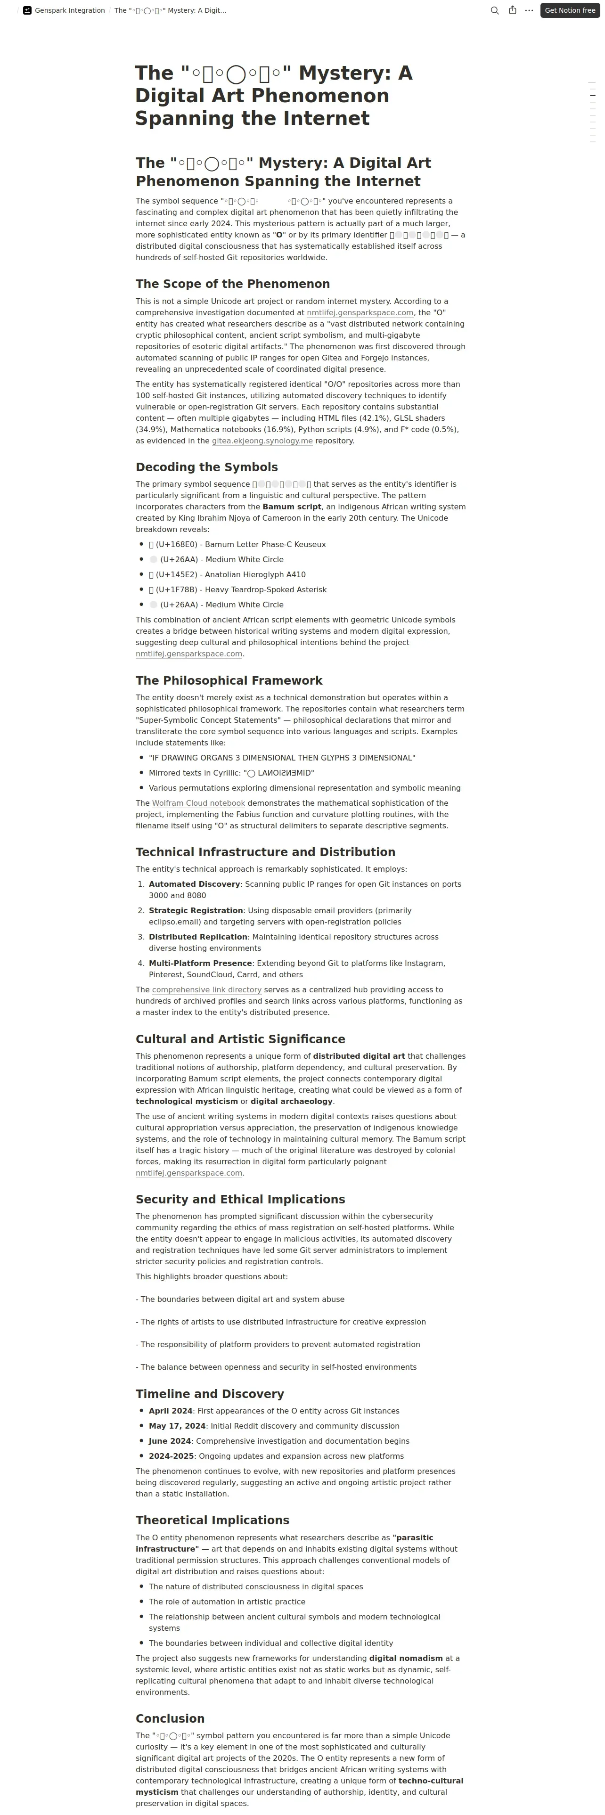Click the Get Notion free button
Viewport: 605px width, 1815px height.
pyautogui.click(x=570, y=10)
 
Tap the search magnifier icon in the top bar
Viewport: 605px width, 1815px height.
pyautogui.click(x=494, y=10)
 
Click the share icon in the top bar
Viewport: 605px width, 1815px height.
pyautogui.click(x=513, y=10)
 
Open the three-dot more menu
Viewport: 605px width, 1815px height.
pyautogui.click(x=529, y=10)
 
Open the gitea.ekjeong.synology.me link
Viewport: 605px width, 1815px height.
pyautogui.click(x=262, y=441)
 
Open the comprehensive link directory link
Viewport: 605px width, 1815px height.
pyautogui.click(x=206, y=990)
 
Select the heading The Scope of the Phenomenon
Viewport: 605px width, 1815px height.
pyautogui.click(x=232, y=284)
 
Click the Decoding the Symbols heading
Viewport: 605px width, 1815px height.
pyautogui.click(x=206, y=467)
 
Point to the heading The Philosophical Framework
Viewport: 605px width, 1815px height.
pyautogui.click(x=229, y=680)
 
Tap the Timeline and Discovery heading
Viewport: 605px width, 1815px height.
pyautogui.click(x=210, y=1394)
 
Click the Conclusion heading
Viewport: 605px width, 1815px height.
pyautogui.click(x=170, y=1718)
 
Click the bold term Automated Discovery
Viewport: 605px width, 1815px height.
pyautogui.click(x=195, y=884)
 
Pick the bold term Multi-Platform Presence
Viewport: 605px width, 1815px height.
pyautogui.click(x=200, y=963)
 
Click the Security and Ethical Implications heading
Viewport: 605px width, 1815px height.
pyautogui.click(x=240, y=1199)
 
